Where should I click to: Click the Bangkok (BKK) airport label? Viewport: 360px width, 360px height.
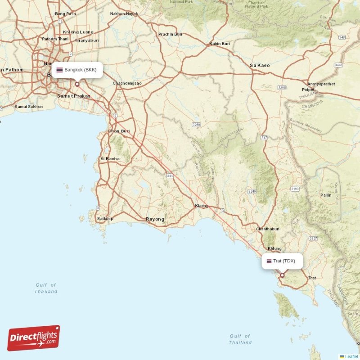77,70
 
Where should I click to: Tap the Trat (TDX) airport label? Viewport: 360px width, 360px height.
283,261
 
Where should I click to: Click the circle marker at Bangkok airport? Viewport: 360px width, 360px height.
77,84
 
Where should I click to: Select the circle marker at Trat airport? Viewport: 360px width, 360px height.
282,275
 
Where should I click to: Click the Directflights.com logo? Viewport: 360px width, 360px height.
34,338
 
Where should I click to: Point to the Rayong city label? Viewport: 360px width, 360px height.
155,219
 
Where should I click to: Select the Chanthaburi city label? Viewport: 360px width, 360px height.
269,229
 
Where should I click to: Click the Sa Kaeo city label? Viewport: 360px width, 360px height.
260,65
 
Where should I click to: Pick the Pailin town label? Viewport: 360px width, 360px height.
326,195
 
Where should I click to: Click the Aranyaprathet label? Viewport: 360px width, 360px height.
321,84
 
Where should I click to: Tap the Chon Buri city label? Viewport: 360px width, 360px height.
119,131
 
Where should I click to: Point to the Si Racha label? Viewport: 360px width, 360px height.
110,158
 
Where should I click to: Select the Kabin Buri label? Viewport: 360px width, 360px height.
220,44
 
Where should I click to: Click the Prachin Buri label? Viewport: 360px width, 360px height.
170,34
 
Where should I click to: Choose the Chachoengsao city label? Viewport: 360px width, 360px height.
127,83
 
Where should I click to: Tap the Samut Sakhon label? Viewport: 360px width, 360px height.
29,107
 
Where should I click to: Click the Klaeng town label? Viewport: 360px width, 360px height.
202,206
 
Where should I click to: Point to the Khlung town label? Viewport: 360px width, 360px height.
274,248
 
